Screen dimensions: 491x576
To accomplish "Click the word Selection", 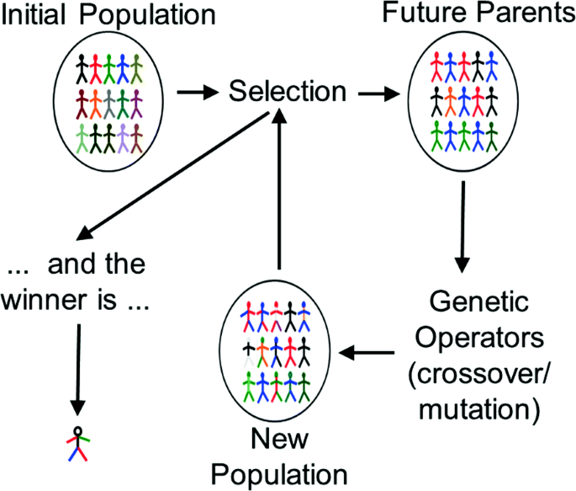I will coord(287,92).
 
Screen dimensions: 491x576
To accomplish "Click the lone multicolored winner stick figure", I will coord(77,444).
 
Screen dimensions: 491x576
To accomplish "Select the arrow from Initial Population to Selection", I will coord(198,92).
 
